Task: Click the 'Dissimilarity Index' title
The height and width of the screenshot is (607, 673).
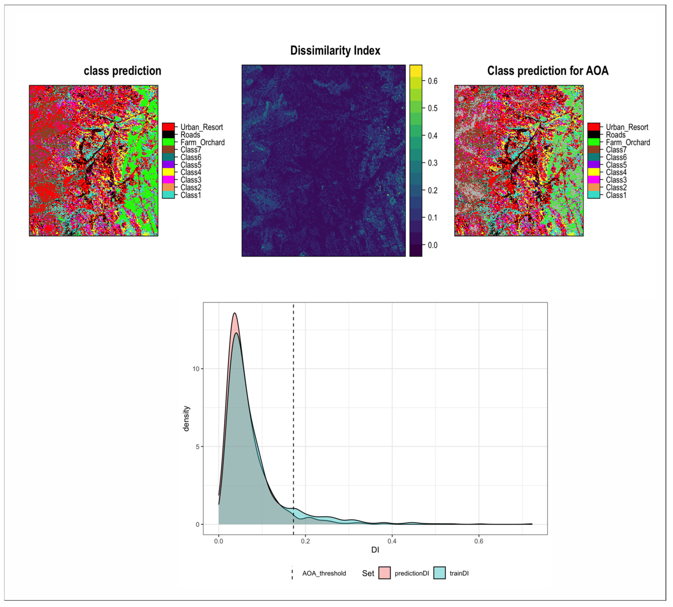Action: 335,51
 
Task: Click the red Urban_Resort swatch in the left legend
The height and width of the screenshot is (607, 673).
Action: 168,127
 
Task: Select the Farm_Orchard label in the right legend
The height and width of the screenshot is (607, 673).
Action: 628,142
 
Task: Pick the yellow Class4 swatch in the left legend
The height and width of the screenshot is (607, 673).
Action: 168,172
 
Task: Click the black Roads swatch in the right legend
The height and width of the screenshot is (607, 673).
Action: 593,135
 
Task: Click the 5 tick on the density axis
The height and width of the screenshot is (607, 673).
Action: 197,447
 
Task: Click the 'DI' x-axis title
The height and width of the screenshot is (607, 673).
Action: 375,550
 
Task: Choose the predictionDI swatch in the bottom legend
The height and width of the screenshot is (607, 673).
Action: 384,573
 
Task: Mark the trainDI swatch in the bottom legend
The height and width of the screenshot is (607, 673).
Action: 439,573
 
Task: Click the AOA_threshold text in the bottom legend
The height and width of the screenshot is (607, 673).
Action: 324,573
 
